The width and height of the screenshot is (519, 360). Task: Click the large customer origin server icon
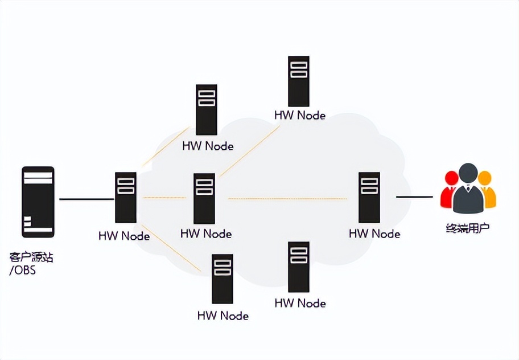pos(38,202)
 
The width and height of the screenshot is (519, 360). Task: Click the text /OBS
pos(23,271)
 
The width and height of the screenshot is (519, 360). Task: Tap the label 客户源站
pos(31,257)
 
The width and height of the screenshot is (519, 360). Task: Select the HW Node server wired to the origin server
pos(125,197)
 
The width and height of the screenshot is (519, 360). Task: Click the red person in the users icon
pos(450,190)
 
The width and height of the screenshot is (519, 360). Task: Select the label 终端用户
pos(467,229)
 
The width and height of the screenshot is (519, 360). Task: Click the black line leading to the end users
pos(414,197)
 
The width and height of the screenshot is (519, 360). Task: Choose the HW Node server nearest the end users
pos(369,197)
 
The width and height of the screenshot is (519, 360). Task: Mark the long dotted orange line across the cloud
pos(287,199)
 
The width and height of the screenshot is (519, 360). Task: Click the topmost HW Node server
pos(299,81)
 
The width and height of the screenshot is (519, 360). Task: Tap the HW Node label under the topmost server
pos(300,115)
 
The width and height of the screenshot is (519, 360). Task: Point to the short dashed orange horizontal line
pos(164,198)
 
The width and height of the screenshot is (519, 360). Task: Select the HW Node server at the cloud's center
pos(204,198)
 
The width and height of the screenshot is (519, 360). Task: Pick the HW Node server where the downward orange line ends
pos(222,279)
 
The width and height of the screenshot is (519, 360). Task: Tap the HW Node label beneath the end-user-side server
pos(374,234)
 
